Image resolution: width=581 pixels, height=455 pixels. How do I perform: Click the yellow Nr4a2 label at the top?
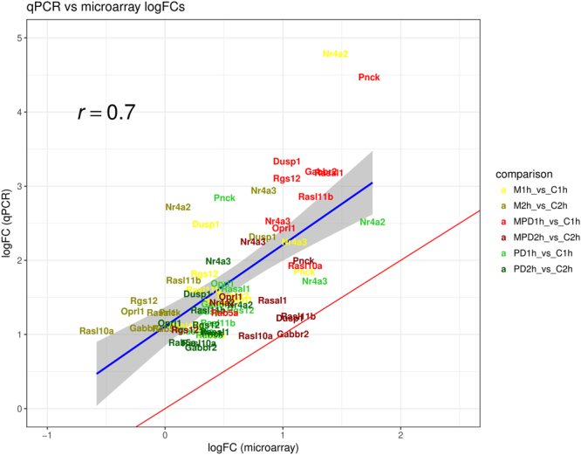click(335, 54)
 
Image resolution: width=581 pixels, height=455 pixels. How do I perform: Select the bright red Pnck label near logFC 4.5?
click(369, 78)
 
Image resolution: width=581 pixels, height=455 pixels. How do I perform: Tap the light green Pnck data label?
click(224, 198)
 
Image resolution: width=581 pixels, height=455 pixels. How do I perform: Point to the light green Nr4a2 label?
click(372, 223)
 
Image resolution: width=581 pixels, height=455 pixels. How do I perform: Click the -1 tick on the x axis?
click(48, 434)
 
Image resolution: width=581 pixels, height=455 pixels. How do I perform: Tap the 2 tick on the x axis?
click(400, 434)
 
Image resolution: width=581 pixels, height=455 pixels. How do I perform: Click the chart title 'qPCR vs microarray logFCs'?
click(73, 8)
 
